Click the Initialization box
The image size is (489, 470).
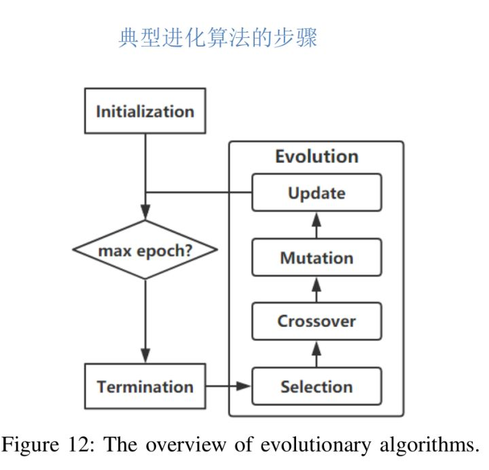point(145,111)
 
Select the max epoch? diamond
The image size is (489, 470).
point(145,250)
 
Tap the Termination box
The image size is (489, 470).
point(145,387)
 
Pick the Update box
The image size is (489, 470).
point(316,193)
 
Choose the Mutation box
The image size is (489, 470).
point(316,258)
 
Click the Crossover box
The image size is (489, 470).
point(316,321)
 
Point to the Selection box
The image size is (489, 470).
point(316,387)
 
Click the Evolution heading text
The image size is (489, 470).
point(316,157)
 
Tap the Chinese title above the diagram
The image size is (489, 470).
point(218,38)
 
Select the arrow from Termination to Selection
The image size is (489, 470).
point(228,387)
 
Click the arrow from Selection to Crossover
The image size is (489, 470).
point(316,354)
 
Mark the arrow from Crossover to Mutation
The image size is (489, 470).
point(316,290)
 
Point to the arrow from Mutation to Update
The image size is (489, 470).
point(316,225)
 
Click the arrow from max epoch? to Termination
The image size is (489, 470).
point(145,319)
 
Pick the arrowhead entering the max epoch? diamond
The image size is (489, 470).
point(145,213)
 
